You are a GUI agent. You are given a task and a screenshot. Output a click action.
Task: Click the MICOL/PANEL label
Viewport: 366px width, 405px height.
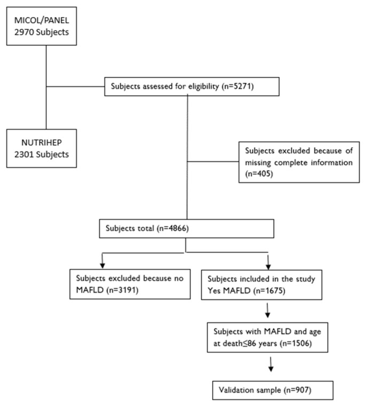tap(41, 20)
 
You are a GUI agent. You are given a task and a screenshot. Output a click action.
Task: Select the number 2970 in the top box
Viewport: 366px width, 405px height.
tap(24, 32)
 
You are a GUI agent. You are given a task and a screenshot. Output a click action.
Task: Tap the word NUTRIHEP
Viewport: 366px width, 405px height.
tap(41, 142)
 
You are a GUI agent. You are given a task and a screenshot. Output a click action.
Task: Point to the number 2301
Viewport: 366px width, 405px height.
tap(24, 154)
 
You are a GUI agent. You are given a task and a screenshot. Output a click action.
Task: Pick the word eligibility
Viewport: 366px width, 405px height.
tap(204, 86)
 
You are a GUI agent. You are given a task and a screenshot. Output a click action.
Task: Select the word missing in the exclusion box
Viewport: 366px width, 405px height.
tap(258, 163)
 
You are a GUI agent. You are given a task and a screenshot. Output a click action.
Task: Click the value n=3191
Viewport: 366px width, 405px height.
tap(122, 290)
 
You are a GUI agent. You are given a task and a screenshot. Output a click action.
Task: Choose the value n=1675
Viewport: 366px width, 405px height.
tap(269, 291)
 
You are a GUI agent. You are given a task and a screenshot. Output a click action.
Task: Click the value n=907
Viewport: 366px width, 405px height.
tap(298, 390)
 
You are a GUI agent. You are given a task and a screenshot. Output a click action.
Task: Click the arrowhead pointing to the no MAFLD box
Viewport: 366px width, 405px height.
tap(103, 266)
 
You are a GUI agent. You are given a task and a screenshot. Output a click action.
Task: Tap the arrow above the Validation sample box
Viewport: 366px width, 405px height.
tap(271, 364)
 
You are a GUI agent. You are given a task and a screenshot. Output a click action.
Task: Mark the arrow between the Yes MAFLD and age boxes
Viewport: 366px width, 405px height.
tap(268, 310)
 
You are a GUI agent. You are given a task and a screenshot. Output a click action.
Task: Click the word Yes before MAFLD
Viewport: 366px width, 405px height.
tap(214, 291)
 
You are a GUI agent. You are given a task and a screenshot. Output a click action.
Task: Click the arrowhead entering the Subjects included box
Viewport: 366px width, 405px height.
tap(268, 267)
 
